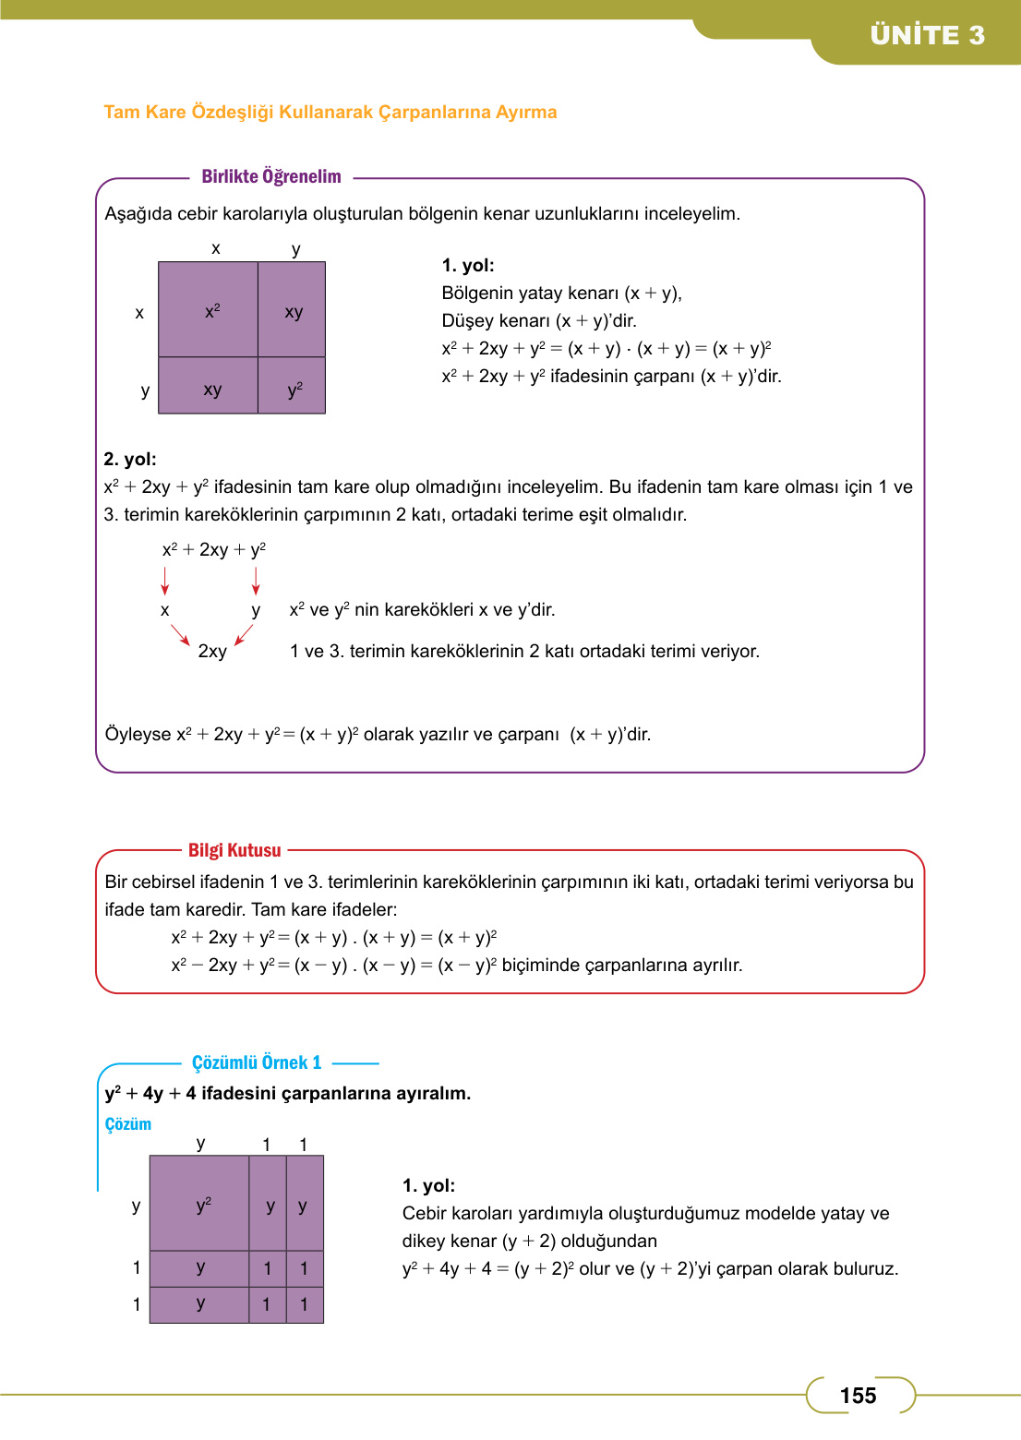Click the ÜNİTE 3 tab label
pyautogui.click(x=927, y=35)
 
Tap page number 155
pyautogui.click(x=858, y=1396)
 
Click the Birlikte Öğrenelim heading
pyautogui.click(x=271, y=176)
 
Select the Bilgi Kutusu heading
pyautogui.click(x=234, y=850)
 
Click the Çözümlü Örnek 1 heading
pyautogui.click(x=257, y=1062)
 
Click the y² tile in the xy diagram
pyautogui.click(x=293, y=388)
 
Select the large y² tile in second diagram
pyautogui.click(x=200, y=1204)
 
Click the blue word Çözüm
pyautogui.click(x=127, y=1123)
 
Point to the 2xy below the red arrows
pyautogui.click(x=212, y=652)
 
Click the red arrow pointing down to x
pyautogui.click(x=165, y=581)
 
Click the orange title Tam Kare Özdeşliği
pyautogui.click(x=330, y=112)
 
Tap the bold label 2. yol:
pyautogui.click(x=129, y=459)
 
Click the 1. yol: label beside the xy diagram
pyautogui.click(x=468, y=266)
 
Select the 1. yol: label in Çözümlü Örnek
pyautogui.click(x=428, y=1185)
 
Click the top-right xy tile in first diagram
pyautogui.click(x=293, y=311)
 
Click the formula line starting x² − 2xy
pyautogui.click(x=456, y=965)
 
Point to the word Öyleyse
pyautogui.click(x=138, y=734)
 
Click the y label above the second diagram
pyautogui.click(x=200, y=1144)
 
